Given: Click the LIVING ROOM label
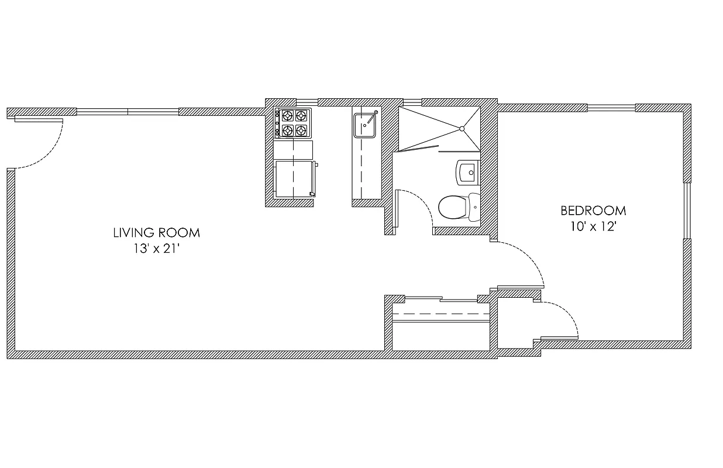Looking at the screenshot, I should click(x=156, y=233).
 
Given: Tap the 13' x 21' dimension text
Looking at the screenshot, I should click(x=156, y=248).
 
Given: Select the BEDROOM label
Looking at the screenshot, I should click(x=593, y=211).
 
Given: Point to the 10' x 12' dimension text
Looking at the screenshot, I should click(x=593, y=226).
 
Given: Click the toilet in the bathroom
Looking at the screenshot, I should click(x=454, y=207).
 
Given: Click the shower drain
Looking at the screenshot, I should click(x=462, y=129).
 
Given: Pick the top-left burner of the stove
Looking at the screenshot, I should click(x=287, y=115).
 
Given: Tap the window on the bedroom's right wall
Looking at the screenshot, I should click(x=688, y=211).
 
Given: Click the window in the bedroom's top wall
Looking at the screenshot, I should click(x=611, y=107).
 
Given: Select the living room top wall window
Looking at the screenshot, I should click(x=127, y=111).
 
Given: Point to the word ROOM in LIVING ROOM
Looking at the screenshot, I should click(x=178, y=233).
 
